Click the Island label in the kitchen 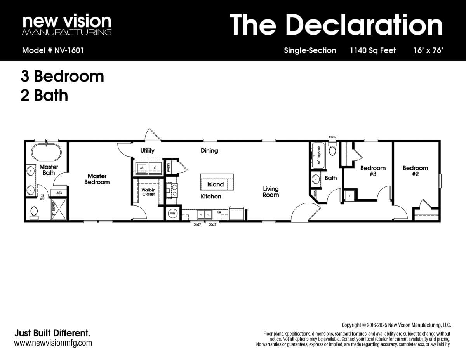(x=216, y=184)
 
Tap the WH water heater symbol (x=172, y=214)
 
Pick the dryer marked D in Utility (x=155, y=168)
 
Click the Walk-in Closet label (x=148, y=192)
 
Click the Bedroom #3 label (x=373, y=171)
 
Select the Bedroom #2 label (x=415, y=171)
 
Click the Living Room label (x=271, y=192)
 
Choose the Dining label (x=209, y=151)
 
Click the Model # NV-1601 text (x=53, y=50)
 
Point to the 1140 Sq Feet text (x=372, y=50)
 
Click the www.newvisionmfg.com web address (x=53, y=343)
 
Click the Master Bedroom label (x=97, y=179)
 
